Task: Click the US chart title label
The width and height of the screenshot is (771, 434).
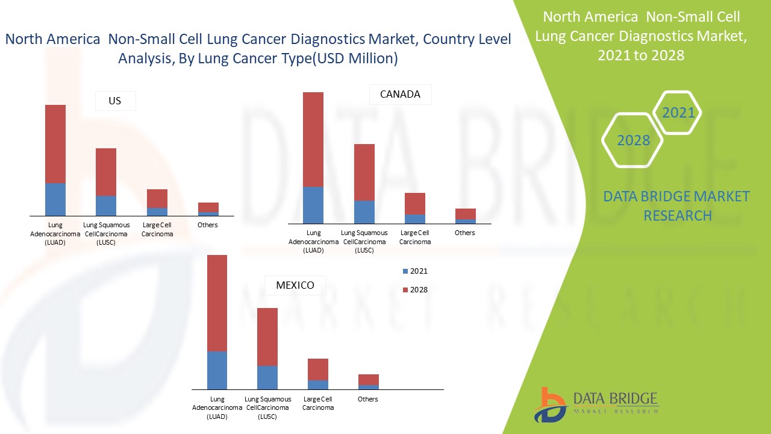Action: (x=115, y=101)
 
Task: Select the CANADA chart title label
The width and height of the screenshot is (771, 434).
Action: (x=400, y=95)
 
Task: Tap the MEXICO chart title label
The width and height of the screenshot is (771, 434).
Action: (x=295, y=285)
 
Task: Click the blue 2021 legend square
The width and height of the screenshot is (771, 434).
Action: (x=405, y=271)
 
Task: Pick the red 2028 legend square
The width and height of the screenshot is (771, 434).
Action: (x=405, y=290)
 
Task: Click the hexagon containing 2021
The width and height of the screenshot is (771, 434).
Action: (x=678, y=113)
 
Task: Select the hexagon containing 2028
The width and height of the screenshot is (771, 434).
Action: (x=632, y=140)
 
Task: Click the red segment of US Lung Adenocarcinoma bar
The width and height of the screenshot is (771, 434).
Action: (x=55, y=143)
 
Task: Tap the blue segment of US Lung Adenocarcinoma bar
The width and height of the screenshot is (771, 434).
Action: (x=55, y=199)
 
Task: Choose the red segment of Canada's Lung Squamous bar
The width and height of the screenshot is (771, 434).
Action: (x=364, y=172)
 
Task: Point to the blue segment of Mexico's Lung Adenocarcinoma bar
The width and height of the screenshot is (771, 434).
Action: (x=217, y=370)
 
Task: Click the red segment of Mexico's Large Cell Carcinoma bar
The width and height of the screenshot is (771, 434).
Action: (x=318, y=369)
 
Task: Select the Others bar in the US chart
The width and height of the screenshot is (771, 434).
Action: (x=208, y=209)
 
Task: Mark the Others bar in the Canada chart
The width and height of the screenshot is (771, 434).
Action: (x=465, y=216)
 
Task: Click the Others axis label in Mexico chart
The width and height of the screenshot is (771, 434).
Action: (x=367, y=399)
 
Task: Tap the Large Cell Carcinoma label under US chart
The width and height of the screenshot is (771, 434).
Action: (x=157, y=229)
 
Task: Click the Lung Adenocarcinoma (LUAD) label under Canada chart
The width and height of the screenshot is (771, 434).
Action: (x=313, y=241)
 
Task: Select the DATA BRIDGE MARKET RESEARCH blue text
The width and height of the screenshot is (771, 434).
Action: (x=676, y=206)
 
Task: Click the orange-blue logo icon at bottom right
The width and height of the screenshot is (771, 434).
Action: (x=549, y=405)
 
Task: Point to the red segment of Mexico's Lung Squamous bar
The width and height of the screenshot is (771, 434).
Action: (x=267, y=336)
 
